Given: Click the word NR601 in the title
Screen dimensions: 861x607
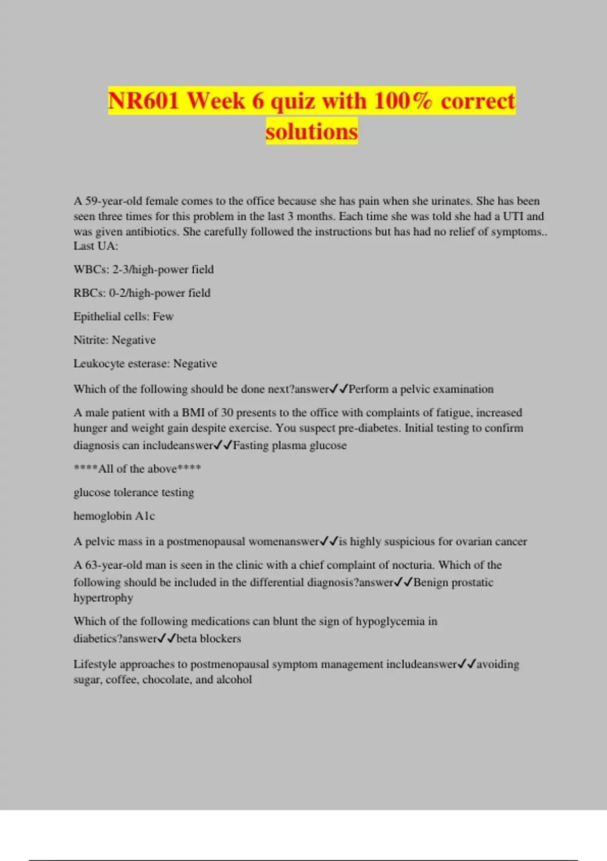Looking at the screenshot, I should (144, 100).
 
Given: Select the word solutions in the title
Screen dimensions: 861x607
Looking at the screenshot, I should (312, 131).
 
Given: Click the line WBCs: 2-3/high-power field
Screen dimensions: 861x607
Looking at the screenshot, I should (144, 269).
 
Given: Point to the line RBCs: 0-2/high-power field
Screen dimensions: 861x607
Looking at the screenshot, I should (142, 293).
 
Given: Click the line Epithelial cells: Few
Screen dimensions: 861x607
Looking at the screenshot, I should (123, 317).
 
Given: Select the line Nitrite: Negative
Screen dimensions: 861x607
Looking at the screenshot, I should (114, 340).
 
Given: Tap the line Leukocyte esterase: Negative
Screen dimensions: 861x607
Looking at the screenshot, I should (145, 364).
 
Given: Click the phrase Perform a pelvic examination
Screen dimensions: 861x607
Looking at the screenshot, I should (421, 389).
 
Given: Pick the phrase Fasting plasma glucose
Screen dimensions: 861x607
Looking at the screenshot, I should (289, 445).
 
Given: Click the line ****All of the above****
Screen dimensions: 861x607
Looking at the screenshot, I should (137, 468).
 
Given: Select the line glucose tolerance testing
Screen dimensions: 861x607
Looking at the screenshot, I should (134, 492).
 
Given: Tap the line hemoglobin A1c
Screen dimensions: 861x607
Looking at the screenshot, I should (114, 516).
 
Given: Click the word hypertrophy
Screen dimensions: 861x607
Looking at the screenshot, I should (103, 598).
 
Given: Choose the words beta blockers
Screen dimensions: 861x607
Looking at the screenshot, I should (208, 638).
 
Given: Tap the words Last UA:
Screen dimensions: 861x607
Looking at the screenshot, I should (96, 246).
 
